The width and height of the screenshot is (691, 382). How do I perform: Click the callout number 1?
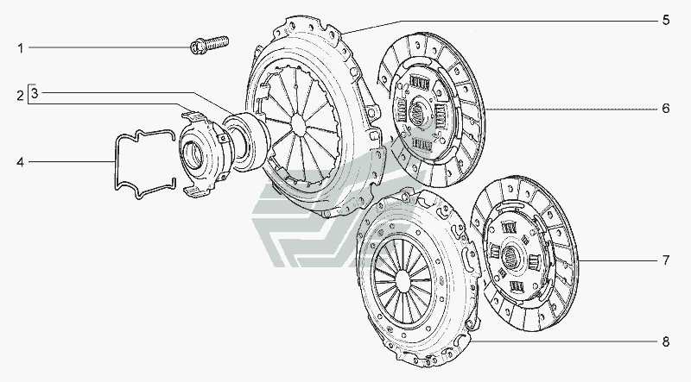20,48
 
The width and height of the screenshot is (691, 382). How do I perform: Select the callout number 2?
20,96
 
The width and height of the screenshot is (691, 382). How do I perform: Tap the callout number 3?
35,93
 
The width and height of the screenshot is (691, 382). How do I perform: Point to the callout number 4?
20,162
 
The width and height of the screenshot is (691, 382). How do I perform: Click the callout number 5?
665,20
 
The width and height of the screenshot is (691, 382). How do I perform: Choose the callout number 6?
665,109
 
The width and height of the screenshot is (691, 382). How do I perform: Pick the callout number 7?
665,260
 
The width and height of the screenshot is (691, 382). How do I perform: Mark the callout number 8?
665,341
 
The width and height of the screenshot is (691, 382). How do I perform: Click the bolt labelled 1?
209,45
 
